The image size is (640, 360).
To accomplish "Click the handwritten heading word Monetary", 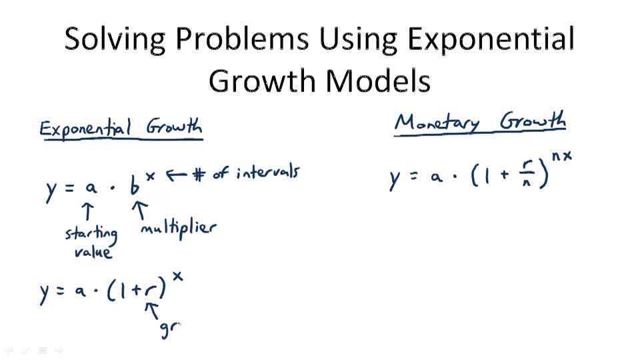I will pyautogui.click(x=437, y=123).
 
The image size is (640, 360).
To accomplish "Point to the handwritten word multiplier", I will pyautogui.click(x=179, y=228).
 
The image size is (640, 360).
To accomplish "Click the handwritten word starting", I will pyautogui.click(x=91, y=234).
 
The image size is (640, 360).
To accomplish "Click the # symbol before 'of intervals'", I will pyautogui.click(x=197, y=175).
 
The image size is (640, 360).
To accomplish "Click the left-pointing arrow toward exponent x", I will pyautogui.click(x=175, y=175).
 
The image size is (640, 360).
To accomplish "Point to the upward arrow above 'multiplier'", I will pyautogui.click(x=140, y=210).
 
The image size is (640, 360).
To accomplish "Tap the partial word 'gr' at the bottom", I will pyautogui.click(x=170, y=329).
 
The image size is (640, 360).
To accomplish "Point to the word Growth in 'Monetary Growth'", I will pyautogui.click(x=533, y=122).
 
